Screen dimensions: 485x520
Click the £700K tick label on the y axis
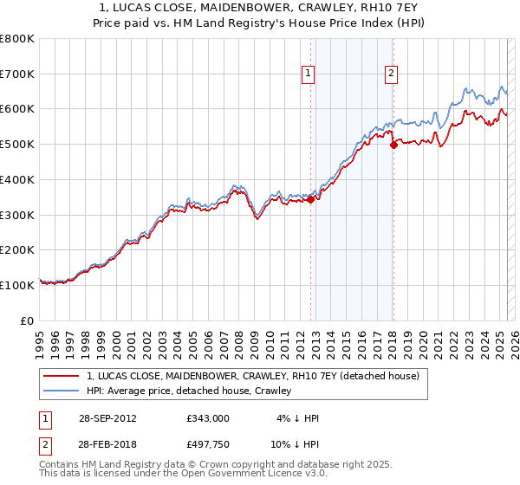[x=17, y=74]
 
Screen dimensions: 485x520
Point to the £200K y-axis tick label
[x=17, y=250]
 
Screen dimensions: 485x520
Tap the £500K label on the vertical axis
[x=17, y=145]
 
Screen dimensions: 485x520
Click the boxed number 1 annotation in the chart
[x=309, y=74]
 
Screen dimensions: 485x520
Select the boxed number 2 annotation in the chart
[x=392, y=74]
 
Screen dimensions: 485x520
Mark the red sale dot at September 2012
[x=310, y=199]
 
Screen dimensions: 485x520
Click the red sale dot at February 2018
[x=393, y=145]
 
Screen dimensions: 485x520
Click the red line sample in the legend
[x=62, y=376]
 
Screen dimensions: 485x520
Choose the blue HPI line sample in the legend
[x=62, y=391]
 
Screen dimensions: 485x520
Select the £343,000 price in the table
[x=208, y=418]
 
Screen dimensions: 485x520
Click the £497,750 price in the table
[x=208, y=443]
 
